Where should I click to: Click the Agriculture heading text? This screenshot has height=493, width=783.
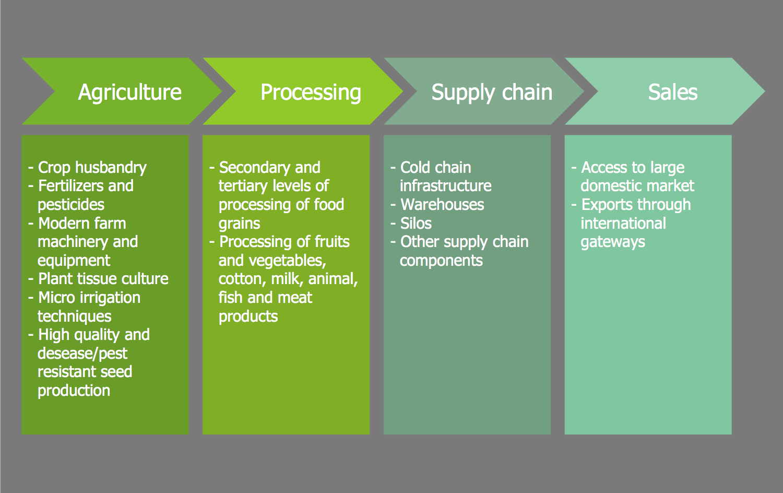pos(129,92)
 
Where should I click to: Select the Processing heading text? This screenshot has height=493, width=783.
pos(311,92)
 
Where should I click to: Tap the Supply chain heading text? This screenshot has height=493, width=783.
pos(492,92)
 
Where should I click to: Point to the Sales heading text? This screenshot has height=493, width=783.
pos(672,92)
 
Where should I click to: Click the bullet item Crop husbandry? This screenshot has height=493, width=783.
pos(92,168)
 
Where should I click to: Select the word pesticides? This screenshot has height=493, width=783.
pos(71,205)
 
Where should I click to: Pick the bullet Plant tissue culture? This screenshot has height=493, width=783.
pos(103,279)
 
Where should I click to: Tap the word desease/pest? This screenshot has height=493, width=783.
pos(82,354)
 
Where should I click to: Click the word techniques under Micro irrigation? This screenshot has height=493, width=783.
pos(75,316)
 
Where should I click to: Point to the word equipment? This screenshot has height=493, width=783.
pos(74,261)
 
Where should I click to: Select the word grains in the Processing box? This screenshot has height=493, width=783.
pos(240,224)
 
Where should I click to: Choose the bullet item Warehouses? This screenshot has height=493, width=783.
pos(442,205)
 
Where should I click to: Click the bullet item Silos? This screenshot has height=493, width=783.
pos(416,224)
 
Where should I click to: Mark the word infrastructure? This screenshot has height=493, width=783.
pos(446,186)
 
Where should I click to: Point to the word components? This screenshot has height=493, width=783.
pos(441,261)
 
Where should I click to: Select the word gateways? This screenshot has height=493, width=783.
pos(613,242)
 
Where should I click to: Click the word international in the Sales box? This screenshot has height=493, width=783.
pos(623,224)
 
